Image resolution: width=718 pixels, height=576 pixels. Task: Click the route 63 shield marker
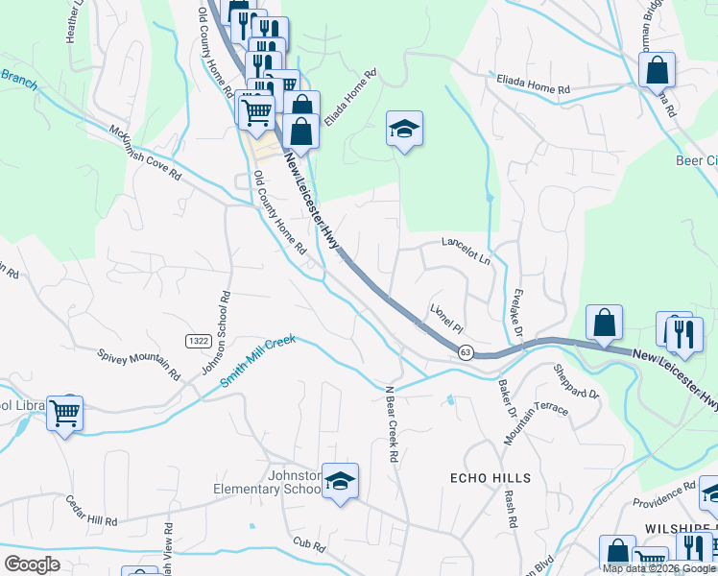pos(466,352)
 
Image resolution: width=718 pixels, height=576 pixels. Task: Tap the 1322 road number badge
pos(198,342)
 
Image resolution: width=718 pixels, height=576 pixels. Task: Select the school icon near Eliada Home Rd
pos(404,129)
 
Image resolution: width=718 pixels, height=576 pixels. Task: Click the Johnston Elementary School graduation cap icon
pos(339,481)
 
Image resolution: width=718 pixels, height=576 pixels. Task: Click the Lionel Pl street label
pos(446,314)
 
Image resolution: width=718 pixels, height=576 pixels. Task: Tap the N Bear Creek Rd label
pos(391,423)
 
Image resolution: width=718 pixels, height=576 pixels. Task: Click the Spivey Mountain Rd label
pos(139,359)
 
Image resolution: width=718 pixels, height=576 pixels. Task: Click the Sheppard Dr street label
pos(576,380)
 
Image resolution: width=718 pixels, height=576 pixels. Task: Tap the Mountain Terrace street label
pos(537,423)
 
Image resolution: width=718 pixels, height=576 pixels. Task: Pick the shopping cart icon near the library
pos(64,413)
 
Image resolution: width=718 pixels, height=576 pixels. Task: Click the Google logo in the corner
pos(32,564)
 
